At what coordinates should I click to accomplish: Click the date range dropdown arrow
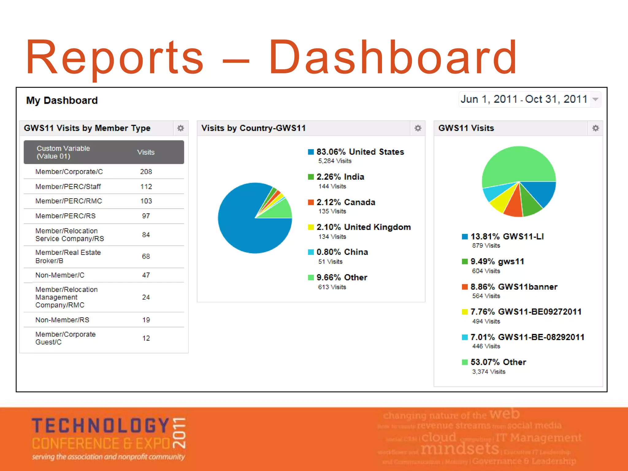[x=595, y=99]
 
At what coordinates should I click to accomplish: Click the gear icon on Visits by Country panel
[x=418, y=128]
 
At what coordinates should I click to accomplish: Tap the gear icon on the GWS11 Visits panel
[x=595, y=128]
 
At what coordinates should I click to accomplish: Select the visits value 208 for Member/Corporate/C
[x=146, y=172]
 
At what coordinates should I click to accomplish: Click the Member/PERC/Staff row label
[x=68, y=186]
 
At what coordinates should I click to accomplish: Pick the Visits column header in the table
[x=146, y=152]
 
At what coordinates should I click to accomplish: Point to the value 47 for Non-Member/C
[x=146, y=275]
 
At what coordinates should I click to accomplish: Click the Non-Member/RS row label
[x=62, y=320]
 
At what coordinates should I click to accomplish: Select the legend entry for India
[x=340, y=177]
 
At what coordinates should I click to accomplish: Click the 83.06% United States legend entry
[x=360, y=152]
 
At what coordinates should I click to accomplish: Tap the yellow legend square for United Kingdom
[x=311, y=227]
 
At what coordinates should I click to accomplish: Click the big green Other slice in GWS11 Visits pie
[x=518, y=166]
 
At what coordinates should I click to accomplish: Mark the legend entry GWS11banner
[x=514, y=287]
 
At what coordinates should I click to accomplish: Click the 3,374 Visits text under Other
[x=488, y=372]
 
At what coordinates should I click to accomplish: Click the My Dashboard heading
[x=62, y=101]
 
